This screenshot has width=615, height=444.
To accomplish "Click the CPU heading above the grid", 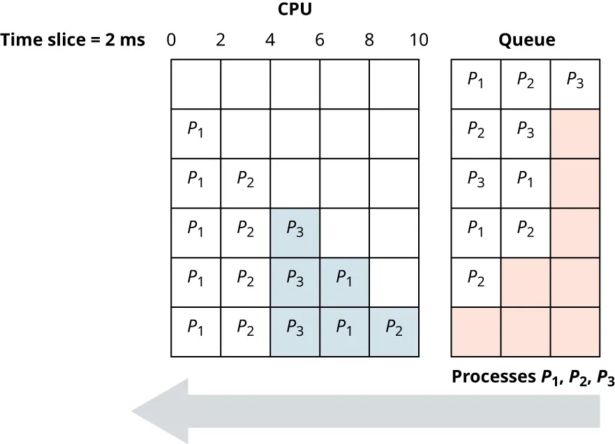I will [x=294, y=10].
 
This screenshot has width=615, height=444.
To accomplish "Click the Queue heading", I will [x=526, y=40].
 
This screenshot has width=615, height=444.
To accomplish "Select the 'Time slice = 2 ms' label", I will [x=73, y=40].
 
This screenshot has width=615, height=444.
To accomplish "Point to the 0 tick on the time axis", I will [x=171, y=40].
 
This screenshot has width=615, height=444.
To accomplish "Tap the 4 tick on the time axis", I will [x=270, y=40].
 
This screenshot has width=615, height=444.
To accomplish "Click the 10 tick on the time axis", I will [x=418, y=40].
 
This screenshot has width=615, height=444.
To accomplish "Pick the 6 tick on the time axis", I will [x=320, y=40].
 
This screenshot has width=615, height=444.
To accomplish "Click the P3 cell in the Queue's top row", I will [x=576, y=84].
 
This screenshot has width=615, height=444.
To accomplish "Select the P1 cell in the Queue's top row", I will [x=476, y=84].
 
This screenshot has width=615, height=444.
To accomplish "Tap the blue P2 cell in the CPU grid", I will [x=394, y=332].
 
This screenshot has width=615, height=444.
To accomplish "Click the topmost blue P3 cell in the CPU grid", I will [x=295, y=232].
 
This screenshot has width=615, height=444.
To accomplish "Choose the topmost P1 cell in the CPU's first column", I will [x=195, y=133].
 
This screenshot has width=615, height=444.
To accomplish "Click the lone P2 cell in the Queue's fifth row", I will [x=476, y=282].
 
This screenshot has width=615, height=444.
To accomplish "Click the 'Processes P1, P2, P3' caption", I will [x=533, y=378].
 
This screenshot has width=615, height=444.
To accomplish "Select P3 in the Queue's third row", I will [x=476, y=183].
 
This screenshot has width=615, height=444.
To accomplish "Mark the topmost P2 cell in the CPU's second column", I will [x=245, y=183].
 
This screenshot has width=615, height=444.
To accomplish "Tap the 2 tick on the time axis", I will [x=221, y=40].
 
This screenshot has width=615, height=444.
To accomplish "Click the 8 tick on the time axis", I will [x=369, y=40].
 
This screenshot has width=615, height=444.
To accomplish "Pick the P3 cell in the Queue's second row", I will [x=526, y=133].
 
